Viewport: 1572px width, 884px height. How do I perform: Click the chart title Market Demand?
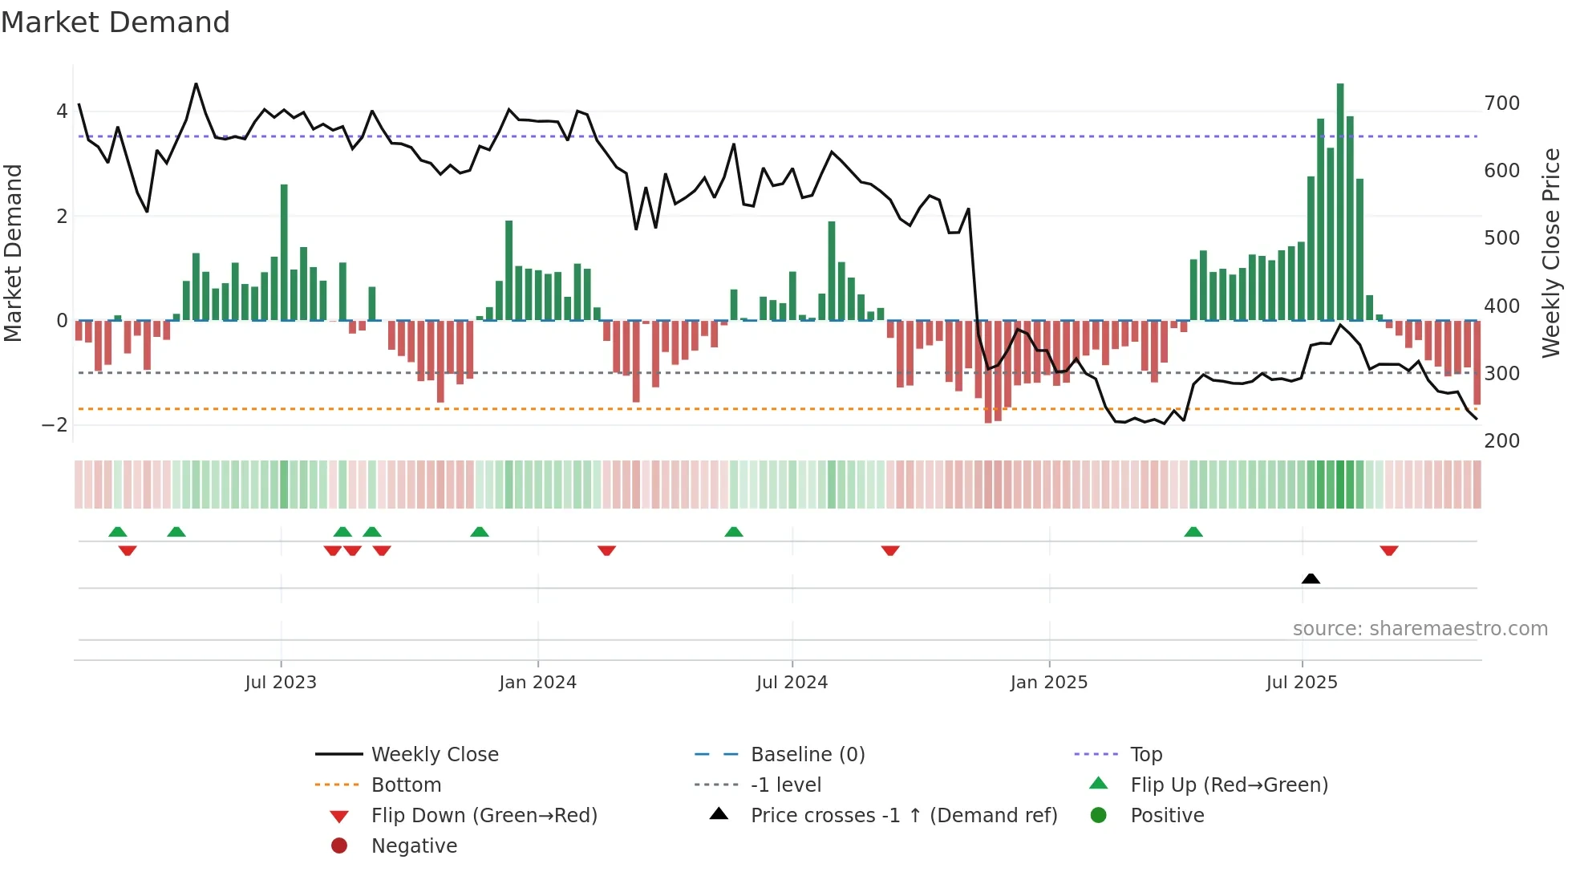click(x=115, y=22)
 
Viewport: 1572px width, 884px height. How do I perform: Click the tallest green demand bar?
click(x=1340, y=201)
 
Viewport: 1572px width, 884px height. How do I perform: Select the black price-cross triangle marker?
click(x=1311, y=578)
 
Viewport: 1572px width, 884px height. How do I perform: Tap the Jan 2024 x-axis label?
click(x=537, y=683)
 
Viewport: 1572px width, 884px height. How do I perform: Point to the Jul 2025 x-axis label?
click(x=1302, y=683)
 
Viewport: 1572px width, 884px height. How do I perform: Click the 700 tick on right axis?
click(x=1501, y=103)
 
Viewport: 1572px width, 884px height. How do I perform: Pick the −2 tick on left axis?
click(x=55, y=425)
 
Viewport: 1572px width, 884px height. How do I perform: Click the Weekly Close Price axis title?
click(x=1551, y=253)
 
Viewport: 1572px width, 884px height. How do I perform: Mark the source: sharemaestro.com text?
click(x=1420, y=629)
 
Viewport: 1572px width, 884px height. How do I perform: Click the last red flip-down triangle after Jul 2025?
click(x=1389, y=551)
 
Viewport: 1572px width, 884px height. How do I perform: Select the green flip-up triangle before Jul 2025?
click(x=1193, y=532)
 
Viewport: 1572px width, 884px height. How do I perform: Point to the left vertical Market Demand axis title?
click(x=13, y=253)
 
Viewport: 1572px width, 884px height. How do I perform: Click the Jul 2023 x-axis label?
click(x=281, y=683)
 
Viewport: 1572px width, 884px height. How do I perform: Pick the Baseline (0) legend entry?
click(x=807, y=755)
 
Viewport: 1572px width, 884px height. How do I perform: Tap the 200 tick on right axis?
click(x=1501, y=441)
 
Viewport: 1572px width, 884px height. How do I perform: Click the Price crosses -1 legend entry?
click(x=903, y=816)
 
